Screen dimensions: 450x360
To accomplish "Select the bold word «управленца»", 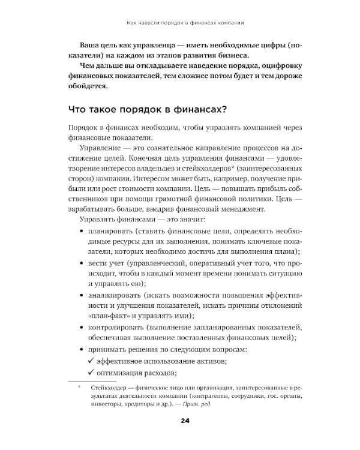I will tap(136, 45).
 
